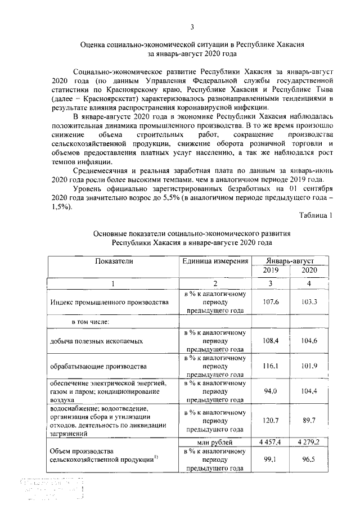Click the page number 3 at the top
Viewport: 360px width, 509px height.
click(x=192, y=27)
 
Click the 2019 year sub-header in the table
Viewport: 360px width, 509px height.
click(x=271, y=271)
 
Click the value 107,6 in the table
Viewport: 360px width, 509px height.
click(x=271, y=302)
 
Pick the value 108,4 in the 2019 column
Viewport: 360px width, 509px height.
click(x=271, y=341)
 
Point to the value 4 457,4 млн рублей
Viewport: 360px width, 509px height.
click(x=271, y=443)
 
